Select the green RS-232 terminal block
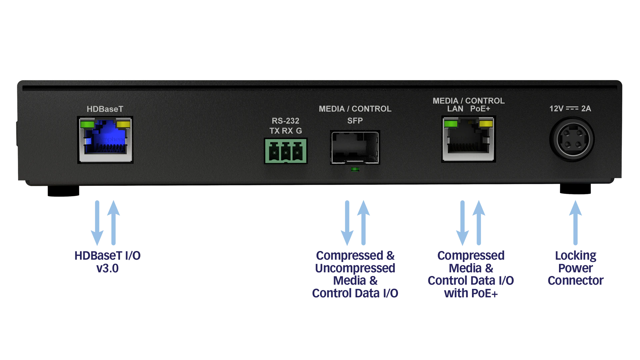click(x=286, y=151)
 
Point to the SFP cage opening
click(x=355, y=147)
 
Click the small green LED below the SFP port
click(x=355, y=170)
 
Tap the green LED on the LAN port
click(x=451, y=124)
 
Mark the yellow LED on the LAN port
click(x=485, y=124)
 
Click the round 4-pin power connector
click(x=572, y=139)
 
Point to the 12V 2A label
click(x=570, y=109)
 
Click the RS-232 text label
click(x=285, y=121)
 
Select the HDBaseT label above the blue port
click(x=105, y=109)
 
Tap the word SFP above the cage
click(x=355, y=121)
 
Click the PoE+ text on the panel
click(x=480, y=109)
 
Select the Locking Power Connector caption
click(x=575, y=268)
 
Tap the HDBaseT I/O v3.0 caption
click(x=108, y=262)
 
